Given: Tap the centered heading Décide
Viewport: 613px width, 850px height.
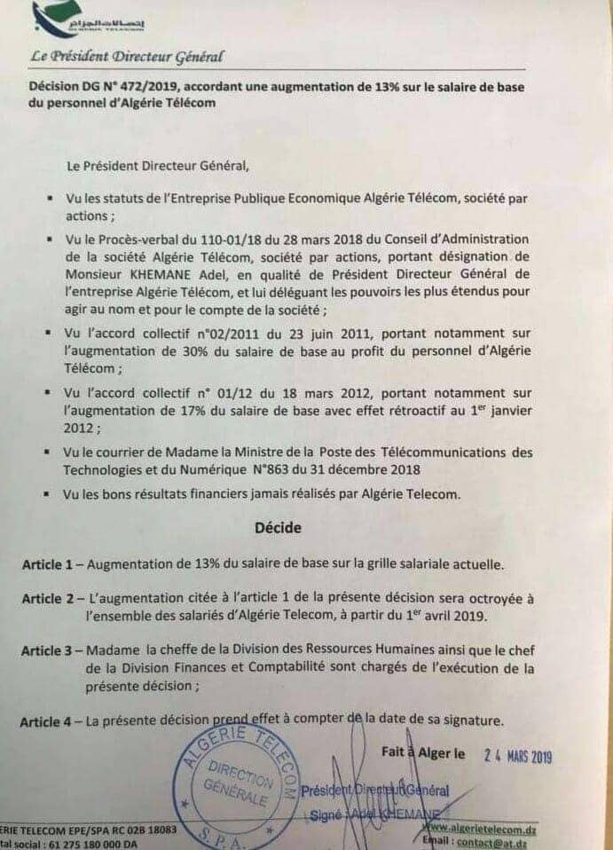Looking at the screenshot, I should [278, 527].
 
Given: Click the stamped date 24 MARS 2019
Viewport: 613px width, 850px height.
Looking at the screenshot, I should [518, 757].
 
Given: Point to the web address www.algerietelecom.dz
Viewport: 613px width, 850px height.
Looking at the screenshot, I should [483, 829].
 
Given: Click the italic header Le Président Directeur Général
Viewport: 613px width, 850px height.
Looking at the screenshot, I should [126, 57].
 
